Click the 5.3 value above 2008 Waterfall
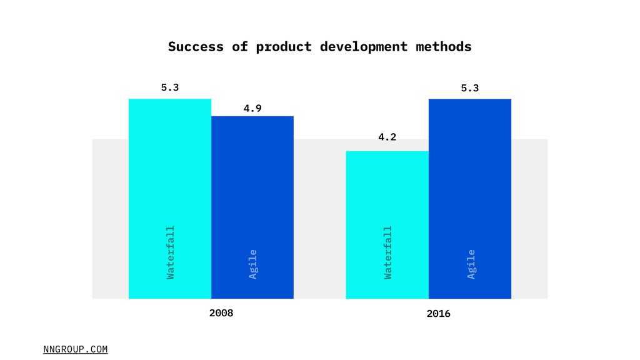coord(170,88)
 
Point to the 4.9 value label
coord(252,108)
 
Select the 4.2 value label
coord(387,137)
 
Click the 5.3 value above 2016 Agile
coord(470,89)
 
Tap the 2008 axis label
coord(221,312)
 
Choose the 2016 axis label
coord(439,314)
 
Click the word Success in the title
coord(196,47)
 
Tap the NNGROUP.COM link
coord(76,349)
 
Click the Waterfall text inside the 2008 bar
coord(171,252)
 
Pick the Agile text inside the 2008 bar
coord(253,264)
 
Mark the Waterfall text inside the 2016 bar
coord(388,252)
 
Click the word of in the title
coord(240,47)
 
